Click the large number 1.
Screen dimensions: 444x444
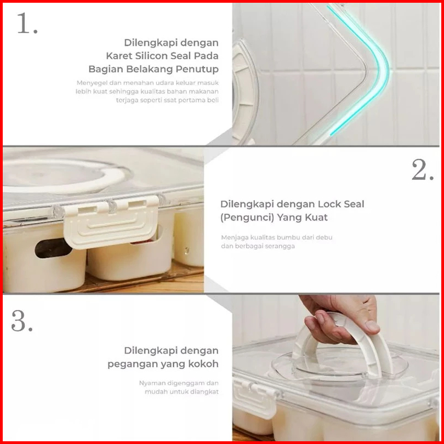pos(27,23)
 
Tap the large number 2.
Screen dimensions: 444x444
pos(423,169)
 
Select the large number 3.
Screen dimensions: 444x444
pos(22,321)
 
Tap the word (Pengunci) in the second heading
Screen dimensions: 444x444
pos(246,218)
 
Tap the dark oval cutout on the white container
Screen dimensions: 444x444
pos(53,248)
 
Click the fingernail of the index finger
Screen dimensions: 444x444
pos(372,326)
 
